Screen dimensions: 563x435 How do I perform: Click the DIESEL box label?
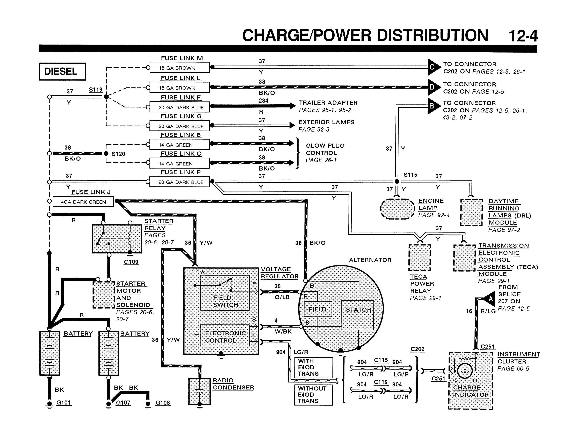pyautogui.click(x=62, y=71)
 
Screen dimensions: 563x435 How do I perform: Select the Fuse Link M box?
pyautogui.click(x=179, y=68)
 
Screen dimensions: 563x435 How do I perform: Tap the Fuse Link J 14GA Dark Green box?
pyautogui.click(x=83, y=201)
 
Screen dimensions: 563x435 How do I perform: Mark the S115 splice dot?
pyautogui.click(x=397, y=182)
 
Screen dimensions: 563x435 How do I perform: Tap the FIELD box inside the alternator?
pyautogui.click(x=318, y=309)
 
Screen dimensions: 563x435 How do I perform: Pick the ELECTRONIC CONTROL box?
pyautogui.click(x=225, y=335)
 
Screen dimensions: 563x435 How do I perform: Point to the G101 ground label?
pyautogui.click(x=63, y=403)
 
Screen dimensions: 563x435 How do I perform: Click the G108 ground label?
pyautogui.click(x=163, y=403)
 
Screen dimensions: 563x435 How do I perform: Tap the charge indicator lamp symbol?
pyautogui.click(x=465, y=371)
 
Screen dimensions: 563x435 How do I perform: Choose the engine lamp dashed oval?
pyautogui.click(x=397, y=209)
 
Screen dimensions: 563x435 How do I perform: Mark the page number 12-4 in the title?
pyautogui.click(x=523, y=36)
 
